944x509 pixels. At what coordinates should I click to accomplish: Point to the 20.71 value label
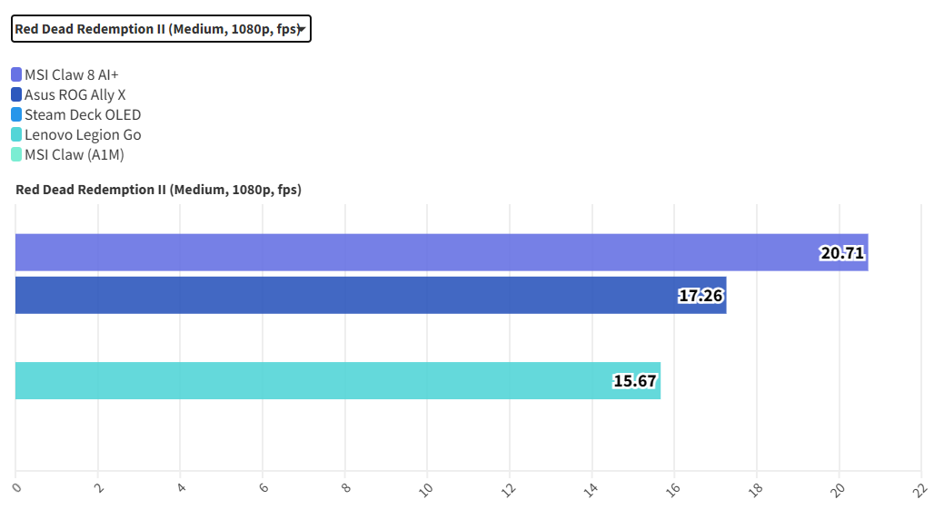tap(841, 253)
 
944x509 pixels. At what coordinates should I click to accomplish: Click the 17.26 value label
tap(701, 296)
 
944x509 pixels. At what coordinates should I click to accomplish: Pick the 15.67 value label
tap(634, 381)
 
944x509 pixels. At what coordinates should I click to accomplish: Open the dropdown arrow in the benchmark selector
tap(301, 30)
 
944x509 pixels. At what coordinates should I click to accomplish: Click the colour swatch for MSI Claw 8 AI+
tap(16, 74)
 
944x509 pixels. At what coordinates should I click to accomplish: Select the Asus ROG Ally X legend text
tap(75, 94)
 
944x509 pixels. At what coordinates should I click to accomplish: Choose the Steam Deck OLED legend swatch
tap(16, 114)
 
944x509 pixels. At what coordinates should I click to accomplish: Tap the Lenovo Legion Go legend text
tap(83, 134)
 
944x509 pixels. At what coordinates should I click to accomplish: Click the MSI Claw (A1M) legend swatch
tap(16, 154)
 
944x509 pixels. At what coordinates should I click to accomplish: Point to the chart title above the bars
tap(159, 190)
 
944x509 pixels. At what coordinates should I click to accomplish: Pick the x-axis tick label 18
tap(755, 489)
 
